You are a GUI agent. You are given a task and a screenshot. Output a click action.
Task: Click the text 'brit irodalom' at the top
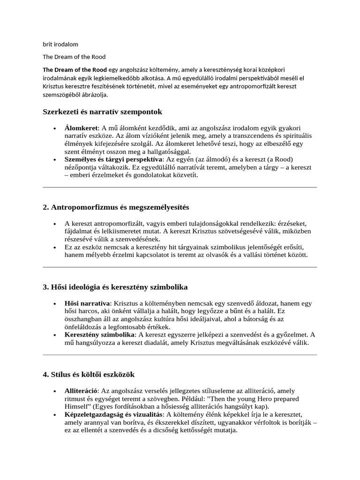[x=60, y=45]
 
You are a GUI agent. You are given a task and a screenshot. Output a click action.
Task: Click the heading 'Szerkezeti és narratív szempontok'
[x=102, y=112]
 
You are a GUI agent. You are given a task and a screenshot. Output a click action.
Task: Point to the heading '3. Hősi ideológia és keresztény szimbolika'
[x=115, y=286]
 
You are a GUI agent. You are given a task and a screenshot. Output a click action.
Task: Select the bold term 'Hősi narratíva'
[x=87, y=303]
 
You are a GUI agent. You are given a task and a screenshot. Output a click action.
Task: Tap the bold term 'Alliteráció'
[x=82, y=390]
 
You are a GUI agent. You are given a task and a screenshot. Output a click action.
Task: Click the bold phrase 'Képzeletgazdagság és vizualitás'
[x=113, y=414]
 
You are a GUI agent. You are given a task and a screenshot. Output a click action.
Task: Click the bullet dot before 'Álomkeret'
[x=55, y=128]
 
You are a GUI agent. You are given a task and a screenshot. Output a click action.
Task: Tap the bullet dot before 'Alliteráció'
[x=55, y=390]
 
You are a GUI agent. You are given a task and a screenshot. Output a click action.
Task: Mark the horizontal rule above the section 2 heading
[x=180, y=187]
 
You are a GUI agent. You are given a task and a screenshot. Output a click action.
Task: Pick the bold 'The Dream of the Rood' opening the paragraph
[x=75, y=69]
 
